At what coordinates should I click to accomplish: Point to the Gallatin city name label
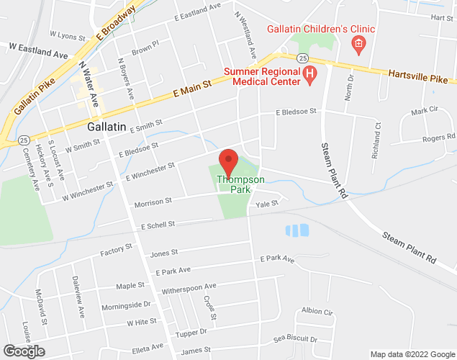(x=107, y=126)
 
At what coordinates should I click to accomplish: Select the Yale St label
(x=268, y=204)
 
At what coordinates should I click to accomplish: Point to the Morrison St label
(x=153, y=202)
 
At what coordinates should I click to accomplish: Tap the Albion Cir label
(x=317, y=311)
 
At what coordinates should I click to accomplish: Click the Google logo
(x=23, y=351)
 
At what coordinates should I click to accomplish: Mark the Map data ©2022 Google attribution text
(x=412, y=354)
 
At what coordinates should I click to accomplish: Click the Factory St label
(x=117, y=249)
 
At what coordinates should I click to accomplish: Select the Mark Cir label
(x=424, y=112)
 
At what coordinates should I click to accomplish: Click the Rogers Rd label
(x=438, y=138)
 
